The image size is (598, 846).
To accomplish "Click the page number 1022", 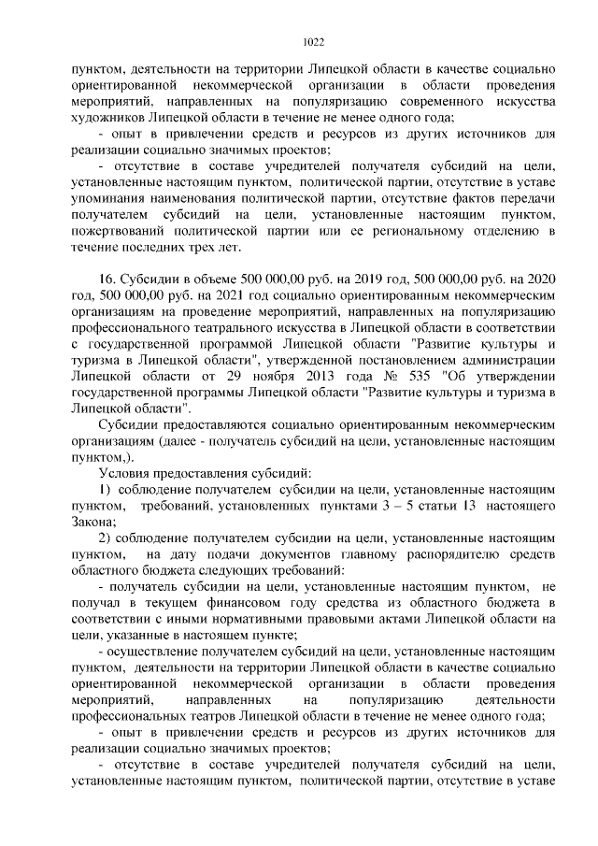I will pos(314,41).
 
